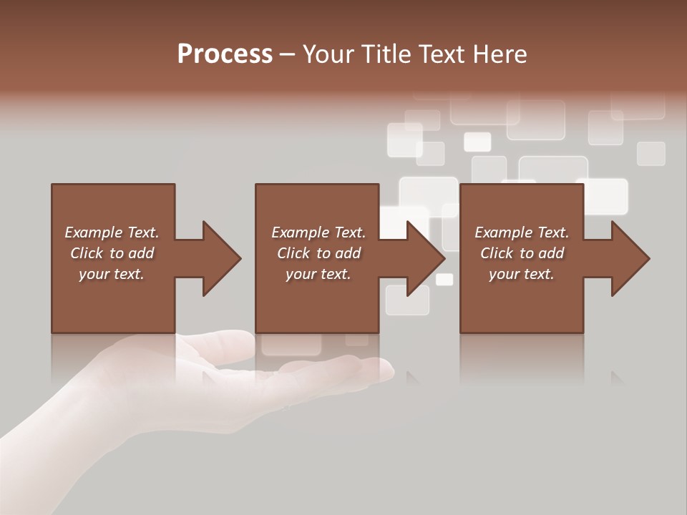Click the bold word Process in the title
(225, 54)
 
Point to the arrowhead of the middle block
(425, 258)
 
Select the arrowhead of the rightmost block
(630, 258)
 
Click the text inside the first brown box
(112, 253)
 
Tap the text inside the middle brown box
(318, 253)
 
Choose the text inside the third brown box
(521, 253)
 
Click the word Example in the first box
(93, 232)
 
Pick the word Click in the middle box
(293, 253)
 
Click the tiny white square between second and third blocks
(444, 280)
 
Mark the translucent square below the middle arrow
(407, 300)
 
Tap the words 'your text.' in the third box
(521, 274)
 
